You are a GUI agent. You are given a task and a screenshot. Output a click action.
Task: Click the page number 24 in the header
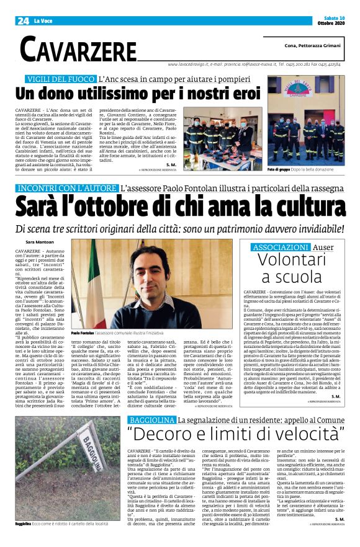pos(23,20)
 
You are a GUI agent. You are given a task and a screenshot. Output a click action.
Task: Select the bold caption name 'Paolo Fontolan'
pos(84,332)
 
